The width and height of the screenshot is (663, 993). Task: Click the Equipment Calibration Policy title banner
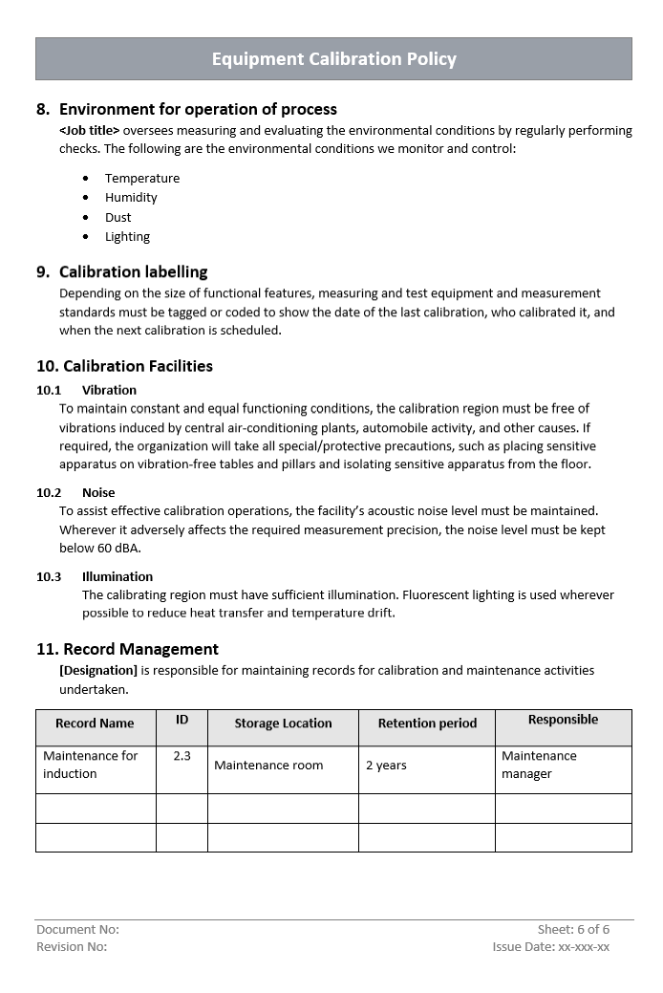[x=333, y=59]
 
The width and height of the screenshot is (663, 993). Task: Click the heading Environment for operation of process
[x=198, y=109]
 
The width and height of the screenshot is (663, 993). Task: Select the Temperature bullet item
[x=142, y=178]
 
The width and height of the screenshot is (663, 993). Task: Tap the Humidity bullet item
[x=131, y=197]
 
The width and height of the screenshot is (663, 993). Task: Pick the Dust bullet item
[x=118, y=217]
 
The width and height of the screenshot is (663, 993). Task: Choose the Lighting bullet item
[x=127, y=236]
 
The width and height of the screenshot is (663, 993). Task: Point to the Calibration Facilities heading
[x=138, y=366]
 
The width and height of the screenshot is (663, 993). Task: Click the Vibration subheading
[x=109, y=390]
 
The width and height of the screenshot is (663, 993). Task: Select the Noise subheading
[x=98, y=492]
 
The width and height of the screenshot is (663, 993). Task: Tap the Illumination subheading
[x=117, y=576]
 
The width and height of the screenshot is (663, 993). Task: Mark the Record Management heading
[x=140, y=649]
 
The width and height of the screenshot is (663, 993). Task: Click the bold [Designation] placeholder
[x=98, y=670]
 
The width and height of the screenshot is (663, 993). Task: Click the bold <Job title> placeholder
[x=90, y=130]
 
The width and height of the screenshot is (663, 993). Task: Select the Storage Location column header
[x=283, y=723]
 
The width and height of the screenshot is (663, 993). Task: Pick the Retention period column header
[x=427, y=723]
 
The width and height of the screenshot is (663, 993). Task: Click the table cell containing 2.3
[x=182, y=755]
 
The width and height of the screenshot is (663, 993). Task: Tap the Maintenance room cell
[x=268, y=765]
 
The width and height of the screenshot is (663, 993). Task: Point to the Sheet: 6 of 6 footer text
[x=573, y=929]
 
